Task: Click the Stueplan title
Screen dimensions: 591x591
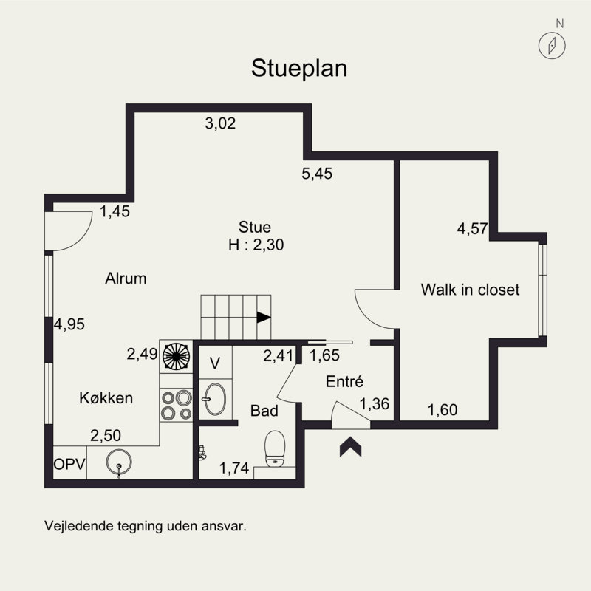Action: tap(299, 69)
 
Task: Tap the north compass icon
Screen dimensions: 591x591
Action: tap(552, 46)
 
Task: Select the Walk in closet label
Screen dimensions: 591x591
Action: tap(470, 290)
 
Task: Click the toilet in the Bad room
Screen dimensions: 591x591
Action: tap(275, 448)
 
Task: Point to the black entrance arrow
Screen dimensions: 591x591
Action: tap(350, 447)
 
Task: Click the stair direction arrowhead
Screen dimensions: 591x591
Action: tap(264, 318)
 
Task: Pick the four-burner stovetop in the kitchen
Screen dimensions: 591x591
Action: tap(176, 405)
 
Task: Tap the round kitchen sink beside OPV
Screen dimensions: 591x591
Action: tap(119, 462)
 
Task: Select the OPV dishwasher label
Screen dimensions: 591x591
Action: tap(69, 464)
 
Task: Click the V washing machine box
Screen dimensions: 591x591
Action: tap(215, 363)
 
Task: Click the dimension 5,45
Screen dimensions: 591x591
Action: tap(317, 174)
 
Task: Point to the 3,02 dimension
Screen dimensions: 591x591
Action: tap(220, 123)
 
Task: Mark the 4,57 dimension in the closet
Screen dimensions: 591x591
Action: tap(472, 228)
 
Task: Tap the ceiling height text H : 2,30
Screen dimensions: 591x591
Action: tap(256, 245)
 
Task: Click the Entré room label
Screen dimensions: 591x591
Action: tap(344, 381)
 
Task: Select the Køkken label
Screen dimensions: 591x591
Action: tap(106, 398)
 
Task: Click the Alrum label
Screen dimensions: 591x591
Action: tap(126, 279)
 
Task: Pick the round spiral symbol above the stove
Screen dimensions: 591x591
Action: tap(176, 356)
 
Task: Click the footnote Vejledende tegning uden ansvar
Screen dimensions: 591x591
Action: tap(146, 526)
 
